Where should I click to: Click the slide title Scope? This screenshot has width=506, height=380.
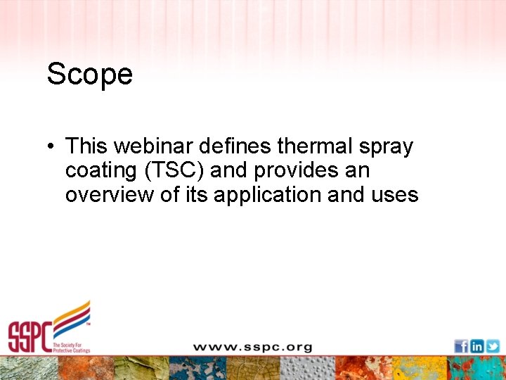tap(89, 73)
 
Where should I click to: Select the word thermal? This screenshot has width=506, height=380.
tap(308, 146)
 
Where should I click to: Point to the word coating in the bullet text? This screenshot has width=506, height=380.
tap(99, 171)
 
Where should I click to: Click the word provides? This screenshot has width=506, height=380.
tap(295, 171)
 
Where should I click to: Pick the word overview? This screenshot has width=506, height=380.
tap(110, 194)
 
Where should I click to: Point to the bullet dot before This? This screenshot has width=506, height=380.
tap(51, 147)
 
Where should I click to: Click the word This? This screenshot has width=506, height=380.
tap(87, 146)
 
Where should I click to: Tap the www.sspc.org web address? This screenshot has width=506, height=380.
tap(252, 347)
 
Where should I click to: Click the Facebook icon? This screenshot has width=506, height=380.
tap(461, 346)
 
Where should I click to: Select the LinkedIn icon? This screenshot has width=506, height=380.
tap(476, 346)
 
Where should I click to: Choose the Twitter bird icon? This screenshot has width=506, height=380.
tap(493, 346)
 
